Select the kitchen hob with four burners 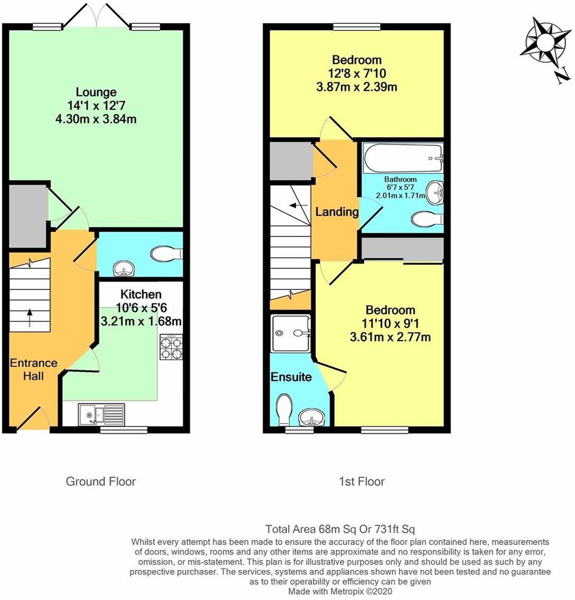tap(171, 347)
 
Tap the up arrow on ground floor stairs tap(29, 319)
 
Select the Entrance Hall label tap(33, 369)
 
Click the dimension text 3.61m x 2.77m tap(390, 337)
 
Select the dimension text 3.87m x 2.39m tap(356, 87)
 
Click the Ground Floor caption tap(101, 481)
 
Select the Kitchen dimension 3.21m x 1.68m tap(142, 321)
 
